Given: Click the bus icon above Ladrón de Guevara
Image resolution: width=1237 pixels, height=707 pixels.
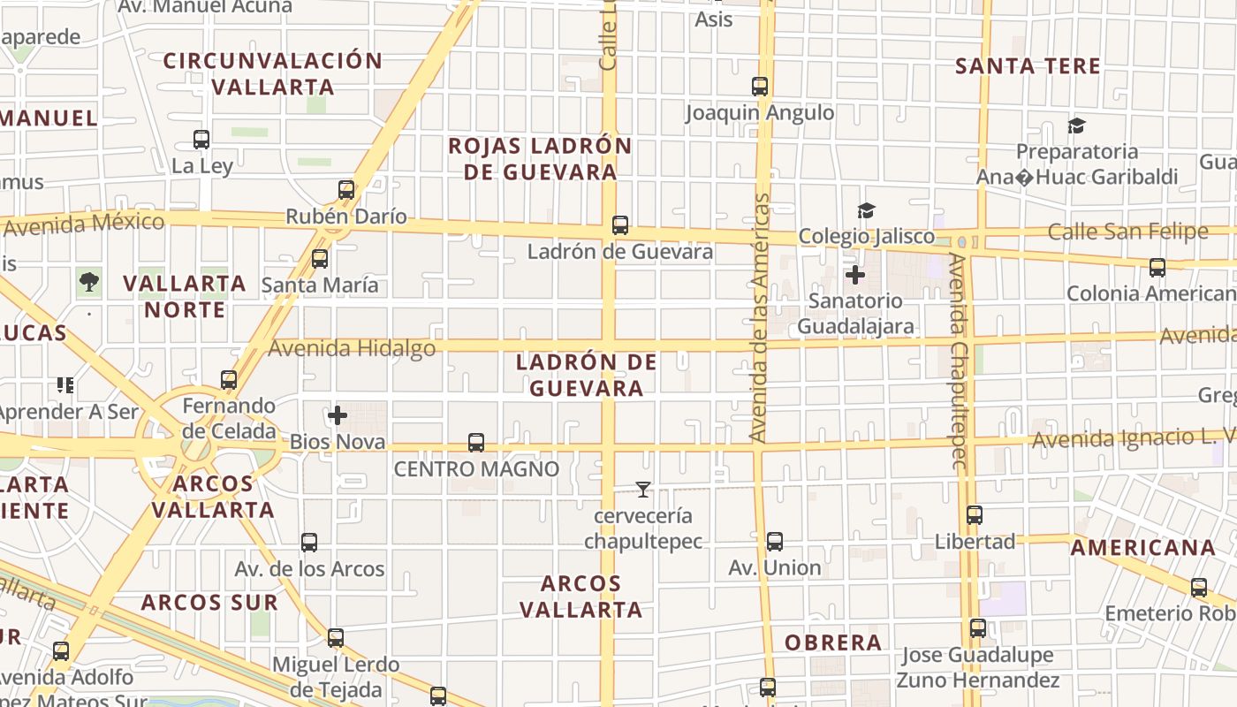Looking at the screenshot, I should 620,225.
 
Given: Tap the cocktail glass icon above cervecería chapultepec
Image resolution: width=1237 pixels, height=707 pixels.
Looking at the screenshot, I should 643,489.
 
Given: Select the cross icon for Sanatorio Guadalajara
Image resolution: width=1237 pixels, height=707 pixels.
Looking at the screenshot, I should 854,275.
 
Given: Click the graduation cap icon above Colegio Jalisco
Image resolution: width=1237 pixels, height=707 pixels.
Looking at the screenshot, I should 866,210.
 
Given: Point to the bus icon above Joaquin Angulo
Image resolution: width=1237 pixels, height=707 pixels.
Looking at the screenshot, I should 760,87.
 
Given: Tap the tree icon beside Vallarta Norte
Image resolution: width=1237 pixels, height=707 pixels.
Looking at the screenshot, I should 88,282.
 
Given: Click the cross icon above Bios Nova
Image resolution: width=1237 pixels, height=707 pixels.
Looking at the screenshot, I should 337,414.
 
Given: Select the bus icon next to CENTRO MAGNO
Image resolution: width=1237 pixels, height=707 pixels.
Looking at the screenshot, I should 476,442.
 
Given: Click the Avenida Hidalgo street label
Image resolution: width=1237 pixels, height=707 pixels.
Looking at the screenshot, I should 352,348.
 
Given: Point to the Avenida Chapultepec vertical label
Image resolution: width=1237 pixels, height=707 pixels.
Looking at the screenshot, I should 958,360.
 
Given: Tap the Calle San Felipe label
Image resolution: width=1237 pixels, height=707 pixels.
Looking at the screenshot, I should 1127,232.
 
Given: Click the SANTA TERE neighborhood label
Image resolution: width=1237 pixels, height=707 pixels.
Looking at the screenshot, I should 1028,66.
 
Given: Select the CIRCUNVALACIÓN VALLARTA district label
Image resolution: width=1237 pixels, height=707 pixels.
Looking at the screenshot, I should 273,74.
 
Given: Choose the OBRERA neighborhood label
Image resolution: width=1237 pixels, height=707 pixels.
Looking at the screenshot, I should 833,642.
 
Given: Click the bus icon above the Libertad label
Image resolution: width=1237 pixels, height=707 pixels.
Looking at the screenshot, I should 975,515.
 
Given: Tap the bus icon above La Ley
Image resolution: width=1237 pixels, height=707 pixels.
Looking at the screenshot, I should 201,140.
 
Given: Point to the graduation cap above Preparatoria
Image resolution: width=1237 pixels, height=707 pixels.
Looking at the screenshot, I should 1076,125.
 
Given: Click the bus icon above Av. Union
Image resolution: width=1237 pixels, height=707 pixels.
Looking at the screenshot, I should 775,542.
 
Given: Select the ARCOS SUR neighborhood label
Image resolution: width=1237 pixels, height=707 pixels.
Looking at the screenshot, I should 209,603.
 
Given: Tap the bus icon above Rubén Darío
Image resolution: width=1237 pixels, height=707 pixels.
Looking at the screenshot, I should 346,190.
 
